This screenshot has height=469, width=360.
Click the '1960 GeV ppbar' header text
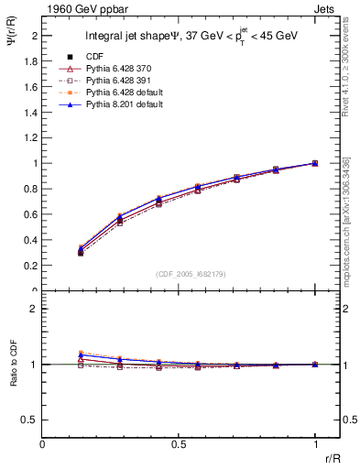click(79, 8)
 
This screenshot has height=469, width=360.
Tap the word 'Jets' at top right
click(326, 8)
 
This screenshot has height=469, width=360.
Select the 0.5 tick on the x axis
click(179, 442)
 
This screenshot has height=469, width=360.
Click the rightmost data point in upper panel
click(314, 163)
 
